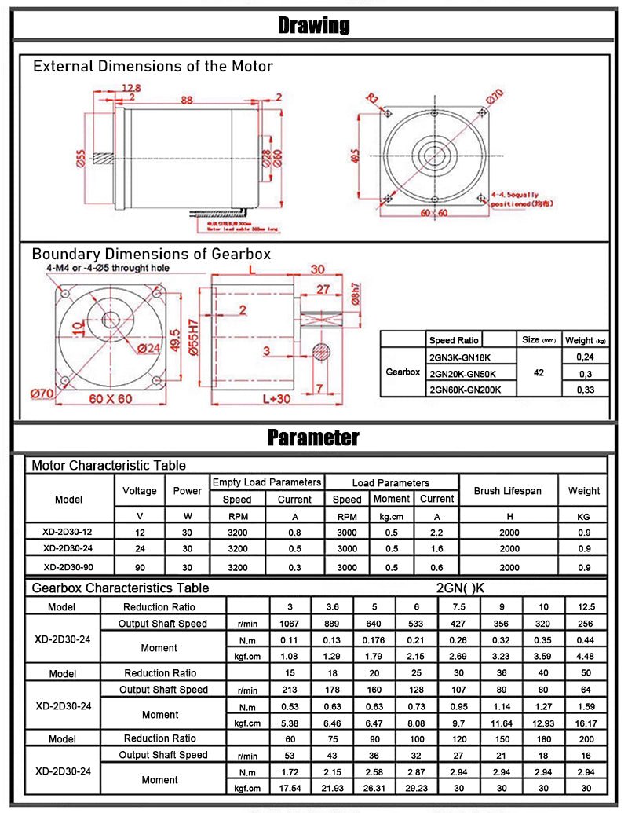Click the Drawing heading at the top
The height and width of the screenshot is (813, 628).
[x=314, y=25]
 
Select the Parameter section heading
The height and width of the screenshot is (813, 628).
[x=314, y=438]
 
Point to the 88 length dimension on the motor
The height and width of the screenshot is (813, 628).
[x=187, y=100]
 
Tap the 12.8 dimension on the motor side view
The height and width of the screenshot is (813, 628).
[x=109, y=87]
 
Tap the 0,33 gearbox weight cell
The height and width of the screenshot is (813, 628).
[x=586, y=389]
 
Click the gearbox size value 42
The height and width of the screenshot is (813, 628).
[x=539, y=372]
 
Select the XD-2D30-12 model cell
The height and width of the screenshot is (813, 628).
[x=68, y=532]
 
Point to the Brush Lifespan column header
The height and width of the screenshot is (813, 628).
[x=507, y=491]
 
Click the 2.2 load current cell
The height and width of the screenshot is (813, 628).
[x=436, y=532]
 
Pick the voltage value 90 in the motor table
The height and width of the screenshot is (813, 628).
[x=139, y=567]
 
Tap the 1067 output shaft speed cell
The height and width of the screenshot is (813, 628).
[x=290, y=624]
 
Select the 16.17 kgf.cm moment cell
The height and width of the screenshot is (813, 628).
[x=586, y=723]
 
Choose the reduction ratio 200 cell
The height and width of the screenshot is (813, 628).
[x=586, y=738]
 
